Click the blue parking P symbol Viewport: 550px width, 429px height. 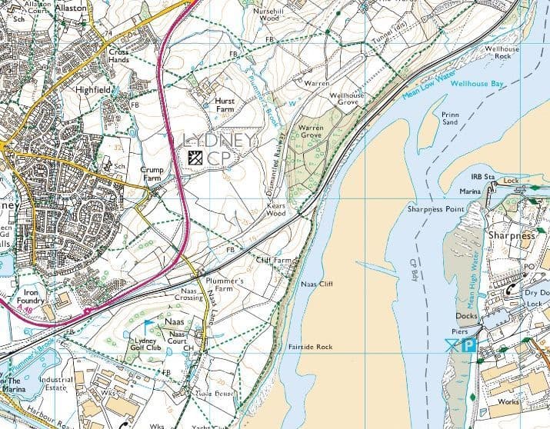click(x=468, y=347)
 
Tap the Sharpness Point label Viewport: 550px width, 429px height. click(x=435, y=209)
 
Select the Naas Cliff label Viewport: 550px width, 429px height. click(x=317, y=284)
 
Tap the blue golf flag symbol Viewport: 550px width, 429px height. click(x=148, y=324)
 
